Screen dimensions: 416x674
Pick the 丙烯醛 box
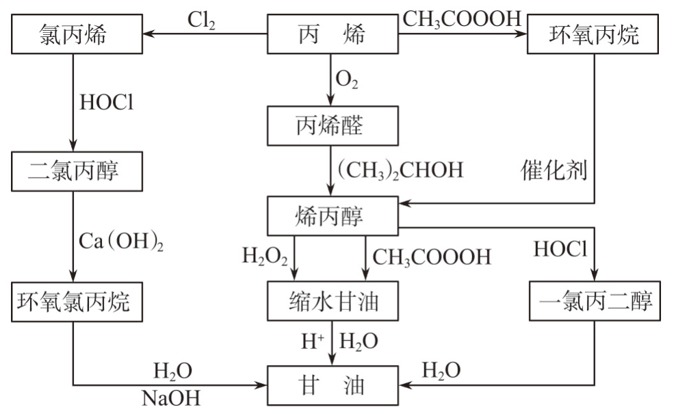[x=332, y=125]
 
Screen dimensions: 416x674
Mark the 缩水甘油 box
[x=332, y=302]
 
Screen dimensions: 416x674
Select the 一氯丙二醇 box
[x=595, y=302]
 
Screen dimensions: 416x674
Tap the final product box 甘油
[x=332, y=387]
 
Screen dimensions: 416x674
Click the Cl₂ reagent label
[x=203, y=20]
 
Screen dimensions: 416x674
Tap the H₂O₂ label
[x=265, y=258]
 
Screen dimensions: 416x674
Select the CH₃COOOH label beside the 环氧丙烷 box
[x=462, y=17]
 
